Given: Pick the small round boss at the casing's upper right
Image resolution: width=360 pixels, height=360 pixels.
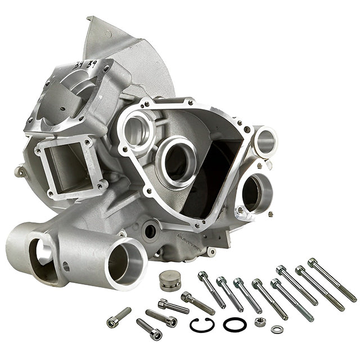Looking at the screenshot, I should point(265,141).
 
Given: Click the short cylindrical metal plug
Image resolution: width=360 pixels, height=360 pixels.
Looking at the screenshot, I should point(170,280).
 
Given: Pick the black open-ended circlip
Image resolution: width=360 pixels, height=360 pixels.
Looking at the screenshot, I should point(201,325).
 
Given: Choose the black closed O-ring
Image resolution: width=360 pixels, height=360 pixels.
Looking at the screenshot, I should point(235,324).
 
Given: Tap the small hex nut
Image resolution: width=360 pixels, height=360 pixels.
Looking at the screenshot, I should point(260,322).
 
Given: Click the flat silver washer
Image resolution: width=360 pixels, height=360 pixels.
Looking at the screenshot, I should point(276,329).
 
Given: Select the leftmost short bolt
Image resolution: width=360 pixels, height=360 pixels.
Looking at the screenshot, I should point(119,317).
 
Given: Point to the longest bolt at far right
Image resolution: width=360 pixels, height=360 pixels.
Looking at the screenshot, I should point(332,279).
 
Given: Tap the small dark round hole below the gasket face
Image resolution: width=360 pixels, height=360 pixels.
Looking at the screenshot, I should point(150,231).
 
